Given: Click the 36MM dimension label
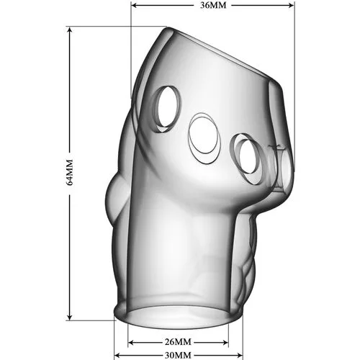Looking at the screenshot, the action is click(x=213, y=5).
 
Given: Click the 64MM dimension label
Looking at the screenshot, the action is click(x=69, y=172).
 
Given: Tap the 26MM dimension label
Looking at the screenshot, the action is click(x=178, y=342).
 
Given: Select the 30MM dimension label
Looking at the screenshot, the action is click(x=178, y=355).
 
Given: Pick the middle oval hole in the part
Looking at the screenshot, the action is click(x=204, y=138).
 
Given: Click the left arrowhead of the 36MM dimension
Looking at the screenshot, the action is click(x=135, y=5).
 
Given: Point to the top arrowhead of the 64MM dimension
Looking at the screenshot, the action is click(x=70, y=30).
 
